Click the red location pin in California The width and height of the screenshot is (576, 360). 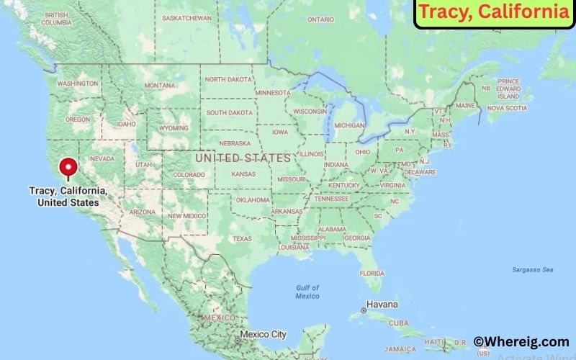coord(69,168)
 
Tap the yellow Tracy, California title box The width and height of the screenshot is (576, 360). coord(494,14)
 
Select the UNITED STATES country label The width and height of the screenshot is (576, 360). coord(243,157)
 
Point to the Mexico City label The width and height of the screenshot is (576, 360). coord(263,335)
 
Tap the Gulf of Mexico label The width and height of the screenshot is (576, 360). coord(307,292)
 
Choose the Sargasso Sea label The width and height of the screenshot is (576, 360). coord(533,269)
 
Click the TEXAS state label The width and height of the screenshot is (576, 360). coord(242,238)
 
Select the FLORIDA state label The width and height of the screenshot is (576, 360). coord(372,273)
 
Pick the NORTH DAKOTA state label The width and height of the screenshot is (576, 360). coord(230,80)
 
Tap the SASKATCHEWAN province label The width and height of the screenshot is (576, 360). coord(187,17)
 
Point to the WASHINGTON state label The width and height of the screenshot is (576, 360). coord(77,84)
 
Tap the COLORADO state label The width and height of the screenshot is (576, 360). coord(189,174)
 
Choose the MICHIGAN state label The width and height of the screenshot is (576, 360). coord(350,125)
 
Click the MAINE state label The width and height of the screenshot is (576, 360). coord(465,105)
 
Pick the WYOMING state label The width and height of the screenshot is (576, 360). coord(173,128)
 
